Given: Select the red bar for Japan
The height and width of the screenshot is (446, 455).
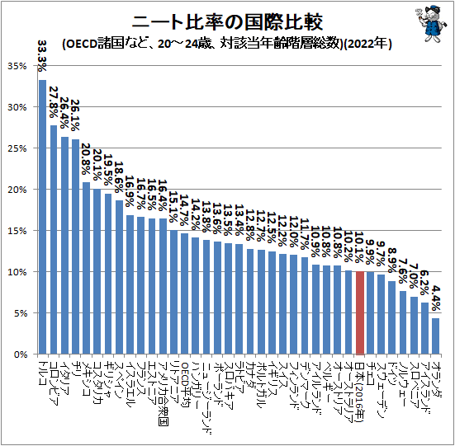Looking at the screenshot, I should point(360,312).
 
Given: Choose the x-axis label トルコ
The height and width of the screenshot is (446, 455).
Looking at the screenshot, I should point(42,371).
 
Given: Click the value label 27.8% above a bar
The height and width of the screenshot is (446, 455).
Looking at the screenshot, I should point(54,103).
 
